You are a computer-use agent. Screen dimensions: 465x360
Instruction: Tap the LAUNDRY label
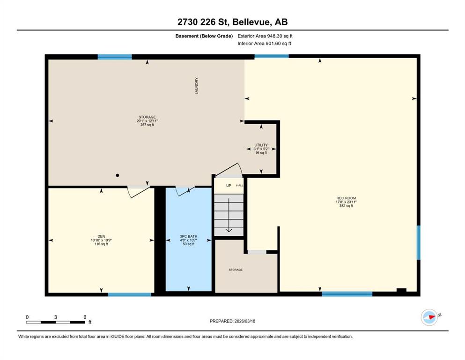point(196,86)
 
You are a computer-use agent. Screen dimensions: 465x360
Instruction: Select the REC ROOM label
point(346,198)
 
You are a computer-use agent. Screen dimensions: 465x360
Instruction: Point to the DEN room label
point(101,237)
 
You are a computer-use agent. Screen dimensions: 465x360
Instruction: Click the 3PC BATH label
point(189,237)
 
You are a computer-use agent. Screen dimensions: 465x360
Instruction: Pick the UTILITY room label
point(261,145)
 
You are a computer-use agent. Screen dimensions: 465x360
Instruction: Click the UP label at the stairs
point(229,186)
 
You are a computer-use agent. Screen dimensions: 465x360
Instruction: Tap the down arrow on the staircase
point(229,215)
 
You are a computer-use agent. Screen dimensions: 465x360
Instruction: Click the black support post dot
point(118,175)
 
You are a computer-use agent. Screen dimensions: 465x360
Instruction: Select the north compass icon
point(429,317)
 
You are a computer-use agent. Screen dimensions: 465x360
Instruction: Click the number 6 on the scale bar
point(85,317)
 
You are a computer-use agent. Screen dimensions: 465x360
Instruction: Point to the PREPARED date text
point(232,321)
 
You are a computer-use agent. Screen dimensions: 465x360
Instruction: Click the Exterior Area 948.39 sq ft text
point(265,36)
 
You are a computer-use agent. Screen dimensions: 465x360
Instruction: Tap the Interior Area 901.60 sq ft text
point(264,43)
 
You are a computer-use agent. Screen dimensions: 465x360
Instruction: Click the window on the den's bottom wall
point(130,294)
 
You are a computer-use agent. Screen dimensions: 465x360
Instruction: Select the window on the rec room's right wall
point(419,243)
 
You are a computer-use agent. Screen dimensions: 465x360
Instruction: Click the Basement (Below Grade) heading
point(204,36)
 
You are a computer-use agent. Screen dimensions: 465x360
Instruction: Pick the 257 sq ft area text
point(147,125)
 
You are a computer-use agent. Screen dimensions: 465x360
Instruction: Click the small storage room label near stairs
point(236,270)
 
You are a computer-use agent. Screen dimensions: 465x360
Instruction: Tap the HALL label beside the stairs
point(240,186)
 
